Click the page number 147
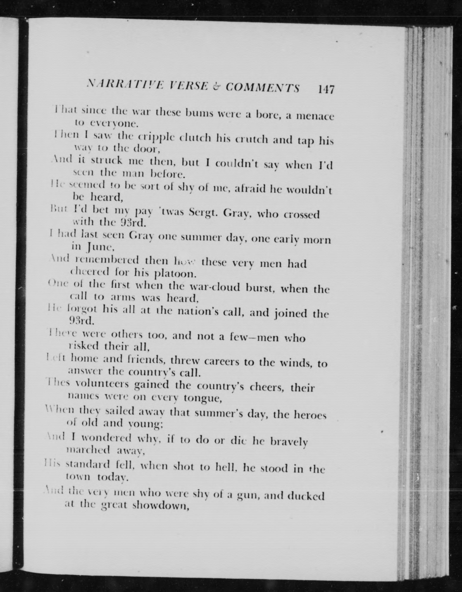(326, 89)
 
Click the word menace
(315, 116)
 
